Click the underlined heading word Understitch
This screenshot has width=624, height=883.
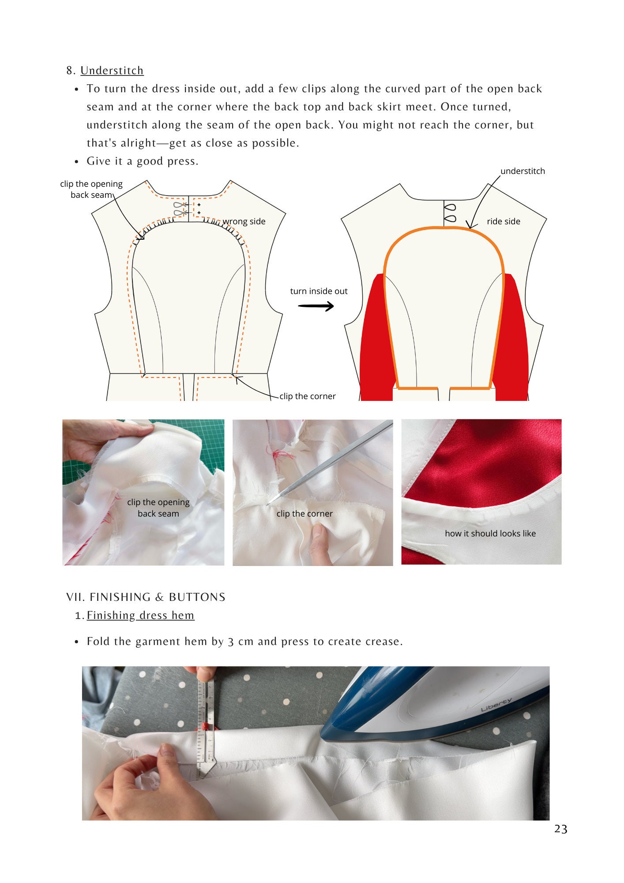pyautogui.click(x=112, y=71)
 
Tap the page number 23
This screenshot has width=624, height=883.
pyautogui.click(x=560, y=829)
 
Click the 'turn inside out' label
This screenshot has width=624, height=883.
pyautogui.click(x=319, y=291)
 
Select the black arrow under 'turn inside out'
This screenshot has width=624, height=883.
pyautogui.click(x=316, y=306)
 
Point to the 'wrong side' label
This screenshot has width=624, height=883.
pyautogui.click(x=244, y=222)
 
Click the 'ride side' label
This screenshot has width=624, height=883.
pyautogui.click(x=503, y=222)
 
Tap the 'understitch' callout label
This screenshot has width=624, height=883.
pyautogui.click(x=523, y=171)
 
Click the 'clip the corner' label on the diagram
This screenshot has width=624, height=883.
pyautogui.click(x=308, y=396)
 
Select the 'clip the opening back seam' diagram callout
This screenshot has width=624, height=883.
pyautogui.click(x=91, y=189)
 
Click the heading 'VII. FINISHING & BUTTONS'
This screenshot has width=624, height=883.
pyautogui.click(x=146, y=597)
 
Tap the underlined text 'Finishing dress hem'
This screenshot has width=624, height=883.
pyautogui.click(x=140, y=615)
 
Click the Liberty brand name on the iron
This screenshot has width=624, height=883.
pyautogui.click(x=496, y=705)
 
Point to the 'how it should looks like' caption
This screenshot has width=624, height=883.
pyautogui.click(x=490, y=534)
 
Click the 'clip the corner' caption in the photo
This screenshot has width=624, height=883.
pyautogui.click(x=304, y=514)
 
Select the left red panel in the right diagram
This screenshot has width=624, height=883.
pyautogui.click(x=375, y=340)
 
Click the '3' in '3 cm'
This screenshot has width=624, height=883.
pyautogui.click(x=231, y=642)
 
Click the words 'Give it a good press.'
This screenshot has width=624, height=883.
pyautogui.click(x=143, y=162)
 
